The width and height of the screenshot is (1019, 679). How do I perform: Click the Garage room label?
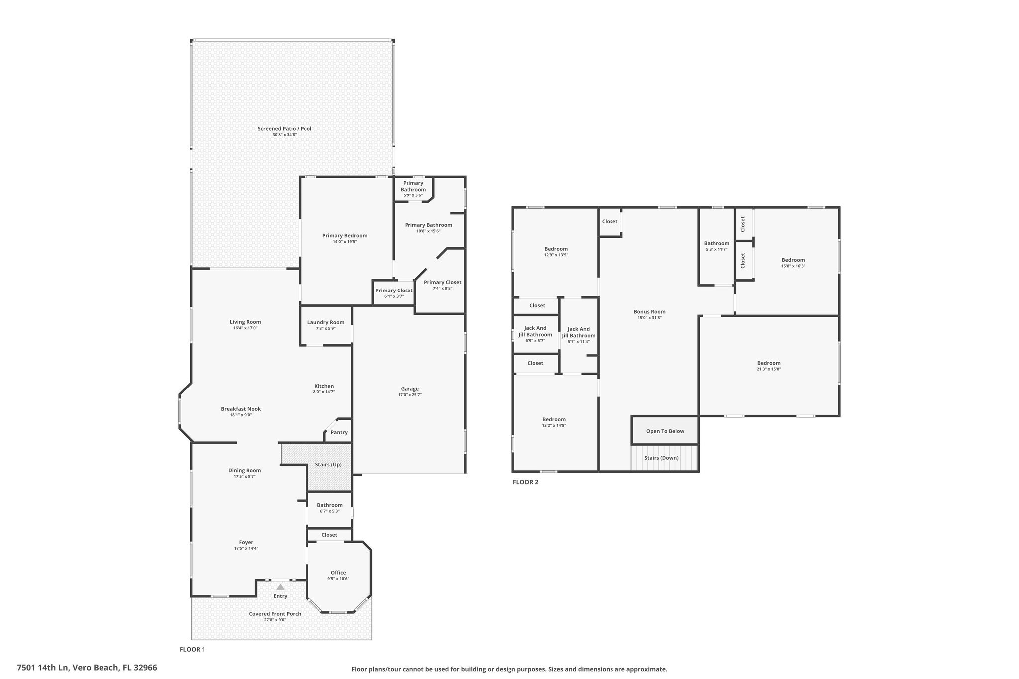click(x=410, y=389)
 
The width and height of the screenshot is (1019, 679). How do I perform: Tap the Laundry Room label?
click(x=326, y=322)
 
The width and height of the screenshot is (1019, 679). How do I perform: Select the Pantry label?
click(x=339, y=432)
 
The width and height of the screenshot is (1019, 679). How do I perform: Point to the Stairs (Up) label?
click(x=328, y=465)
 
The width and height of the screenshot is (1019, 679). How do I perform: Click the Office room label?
click(x=338, y=573)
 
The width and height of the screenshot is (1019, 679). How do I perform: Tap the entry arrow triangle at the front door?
click(x=280, y=587)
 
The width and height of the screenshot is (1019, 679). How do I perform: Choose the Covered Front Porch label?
click(x=275, y=614)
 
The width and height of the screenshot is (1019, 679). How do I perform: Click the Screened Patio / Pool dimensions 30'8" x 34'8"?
click(x=285, y=135)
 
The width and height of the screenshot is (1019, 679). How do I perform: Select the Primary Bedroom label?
click(x=345, y=236)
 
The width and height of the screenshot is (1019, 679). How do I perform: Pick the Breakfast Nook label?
click(x=241, y=409)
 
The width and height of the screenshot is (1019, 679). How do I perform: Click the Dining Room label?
click(x=245, y=470)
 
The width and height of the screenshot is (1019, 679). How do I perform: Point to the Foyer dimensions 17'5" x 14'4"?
click(x=246, y=549)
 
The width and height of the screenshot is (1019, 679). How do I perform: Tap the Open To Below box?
click(x=665, y=431)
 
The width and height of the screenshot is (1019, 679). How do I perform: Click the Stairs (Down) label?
click(x=661, y=458)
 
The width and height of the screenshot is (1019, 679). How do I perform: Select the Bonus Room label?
click(x=649, y=312)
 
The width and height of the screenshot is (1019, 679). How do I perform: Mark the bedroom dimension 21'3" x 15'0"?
click(x=769, y=369)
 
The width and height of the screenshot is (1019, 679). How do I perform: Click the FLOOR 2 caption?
click(x=526, y=482)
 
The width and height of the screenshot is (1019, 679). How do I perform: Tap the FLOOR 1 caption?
click(x=192, y=649)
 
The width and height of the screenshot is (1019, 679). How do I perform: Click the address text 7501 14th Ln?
click(x=43, y=668)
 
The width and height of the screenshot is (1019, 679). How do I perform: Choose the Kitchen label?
click(x=324, y=386)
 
